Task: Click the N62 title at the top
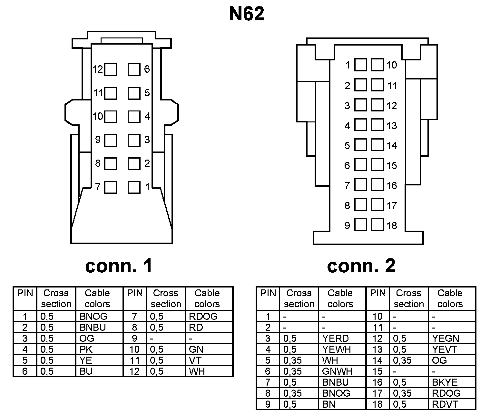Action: [247, 14]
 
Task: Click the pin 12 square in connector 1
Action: [111, 69]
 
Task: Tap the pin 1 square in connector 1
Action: [134, 187]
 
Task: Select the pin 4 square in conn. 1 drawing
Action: [134, 117]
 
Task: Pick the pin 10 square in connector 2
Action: [377, 65]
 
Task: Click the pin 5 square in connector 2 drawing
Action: [360, 145]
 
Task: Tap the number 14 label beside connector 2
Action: [392, 146]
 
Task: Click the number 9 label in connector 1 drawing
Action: [98, 140]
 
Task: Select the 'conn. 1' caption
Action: [119, 266]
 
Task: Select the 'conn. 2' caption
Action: [361, 266]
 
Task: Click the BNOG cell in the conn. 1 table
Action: [93, 316]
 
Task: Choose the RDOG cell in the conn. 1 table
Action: [203, 316]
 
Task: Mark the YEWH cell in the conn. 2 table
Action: [337, 349]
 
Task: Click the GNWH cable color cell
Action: [337, 371]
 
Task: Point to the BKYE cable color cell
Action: [445, 382]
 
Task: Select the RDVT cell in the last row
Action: [445, 404]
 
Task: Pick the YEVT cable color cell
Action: [445, 349]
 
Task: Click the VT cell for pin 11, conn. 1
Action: [195, 360]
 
